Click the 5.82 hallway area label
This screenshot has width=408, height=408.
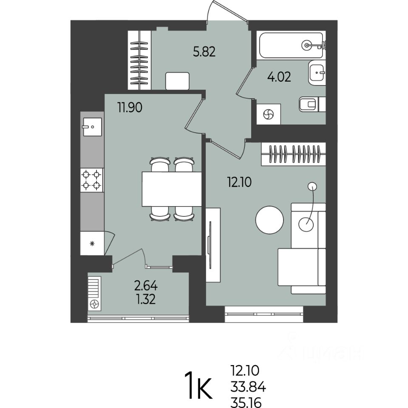click(204, 52)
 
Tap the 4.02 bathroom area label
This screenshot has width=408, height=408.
click(279, 77)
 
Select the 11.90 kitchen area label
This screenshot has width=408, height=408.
click(130, 107)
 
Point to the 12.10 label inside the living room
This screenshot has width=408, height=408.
click(239, 182)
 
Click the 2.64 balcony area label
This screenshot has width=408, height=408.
click(146, 286)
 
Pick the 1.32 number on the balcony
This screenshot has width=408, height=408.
click(146, 299)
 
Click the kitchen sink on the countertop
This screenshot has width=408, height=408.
click(92, 127)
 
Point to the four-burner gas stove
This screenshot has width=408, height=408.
click(92, 180)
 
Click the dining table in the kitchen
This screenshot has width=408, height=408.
click(172, 189)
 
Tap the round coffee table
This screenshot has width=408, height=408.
click(269, 220)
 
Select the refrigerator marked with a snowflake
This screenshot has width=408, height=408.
click(92, 243)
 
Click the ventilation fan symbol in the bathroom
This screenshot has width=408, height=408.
click(269, 114)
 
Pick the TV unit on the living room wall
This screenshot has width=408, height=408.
click(213, 245)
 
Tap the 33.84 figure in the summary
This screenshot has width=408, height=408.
click(248, 387)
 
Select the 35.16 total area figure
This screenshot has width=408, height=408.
click(246, 402)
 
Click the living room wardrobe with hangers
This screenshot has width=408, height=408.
click(294, 154)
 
